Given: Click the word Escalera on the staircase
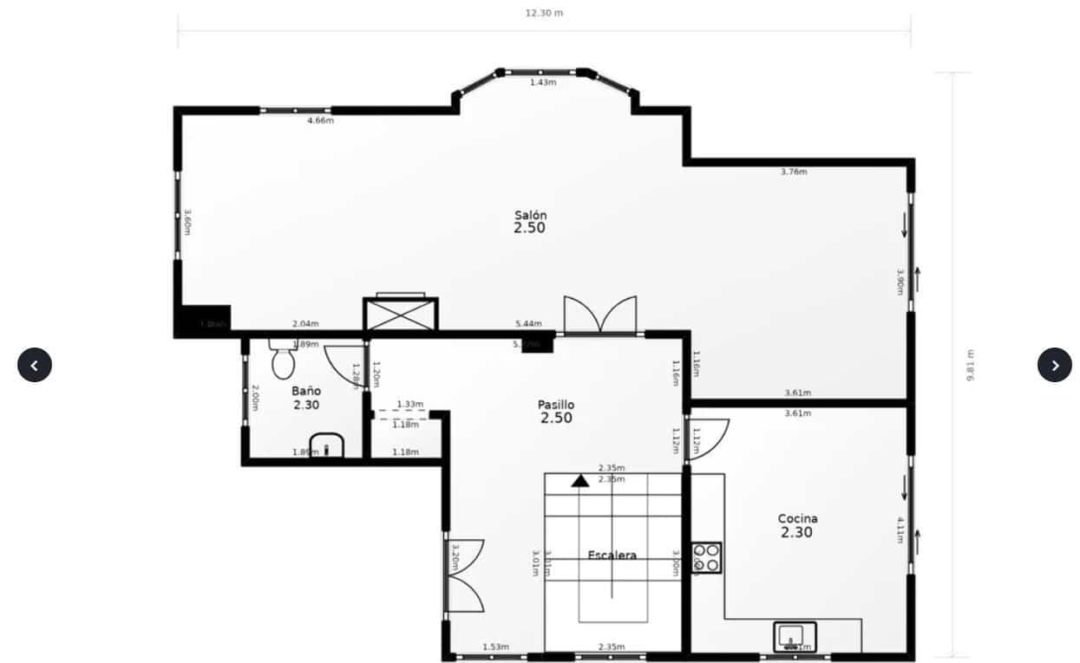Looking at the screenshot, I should point(612,556).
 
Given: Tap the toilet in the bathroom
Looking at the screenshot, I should point(284,360).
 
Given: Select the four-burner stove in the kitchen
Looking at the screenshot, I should point(706,557).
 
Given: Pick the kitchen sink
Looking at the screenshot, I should point(795,636).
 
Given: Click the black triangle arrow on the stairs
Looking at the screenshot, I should point(579,480).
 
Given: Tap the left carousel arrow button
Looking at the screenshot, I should point(35,365).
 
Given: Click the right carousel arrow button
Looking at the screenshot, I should point(1054,365).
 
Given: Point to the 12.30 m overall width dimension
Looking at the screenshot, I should point(544,13).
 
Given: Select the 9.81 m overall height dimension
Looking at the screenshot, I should point(970,365).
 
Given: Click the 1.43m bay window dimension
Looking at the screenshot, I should point(543,82).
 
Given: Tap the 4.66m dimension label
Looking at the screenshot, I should point(320,120).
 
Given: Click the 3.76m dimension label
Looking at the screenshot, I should point(794,172).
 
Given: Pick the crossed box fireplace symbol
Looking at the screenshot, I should point(401,314).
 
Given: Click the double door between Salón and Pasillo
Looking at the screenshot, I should point(600,315).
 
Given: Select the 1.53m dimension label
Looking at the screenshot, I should point(495,647).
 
